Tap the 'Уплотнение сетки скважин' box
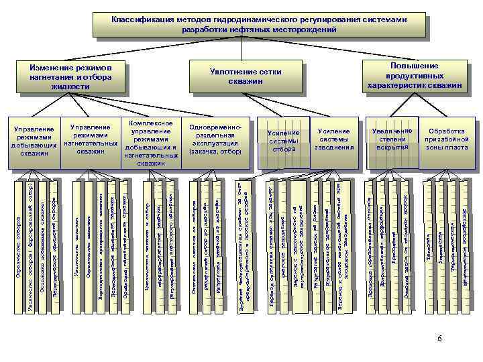tap(245, 76)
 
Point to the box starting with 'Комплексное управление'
tap(151, 143)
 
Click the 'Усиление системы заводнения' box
tap(334, 139)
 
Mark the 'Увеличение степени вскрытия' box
tap(392, 138)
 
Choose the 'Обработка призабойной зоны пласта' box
tap(446, 139)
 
